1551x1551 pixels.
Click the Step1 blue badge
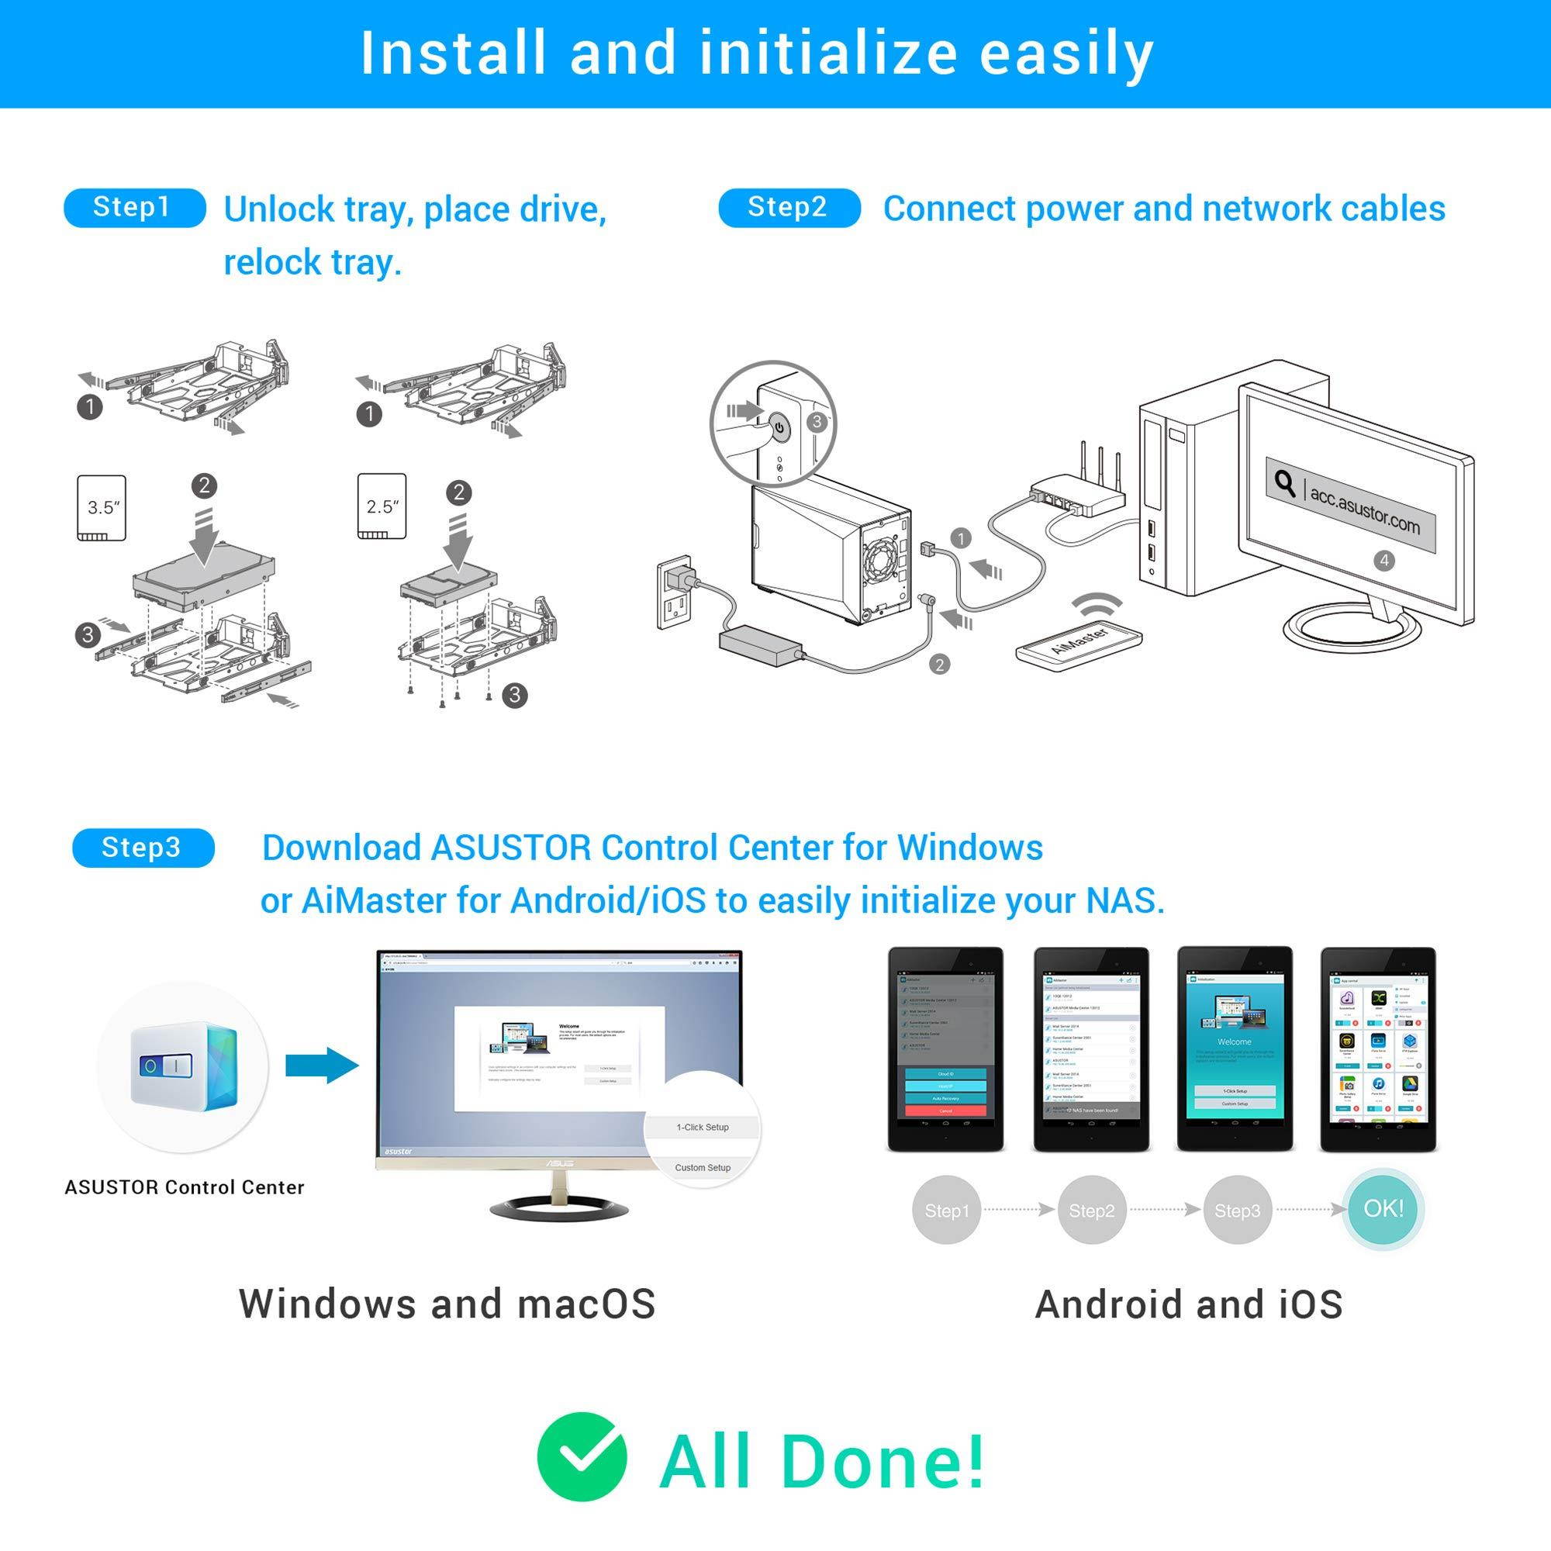134,208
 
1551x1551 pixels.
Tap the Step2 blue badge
789,208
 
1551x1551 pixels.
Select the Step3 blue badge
143,848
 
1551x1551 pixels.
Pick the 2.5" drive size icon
382,506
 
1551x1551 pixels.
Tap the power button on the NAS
778,427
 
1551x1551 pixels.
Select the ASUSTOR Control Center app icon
184,1067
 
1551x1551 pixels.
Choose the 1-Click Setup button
703,1127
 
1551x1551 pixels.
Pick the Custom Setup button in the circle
703,1167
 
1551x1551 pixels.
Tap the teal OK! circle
1383,1208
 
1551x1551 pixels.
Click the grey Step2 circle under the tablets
1092,1211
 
